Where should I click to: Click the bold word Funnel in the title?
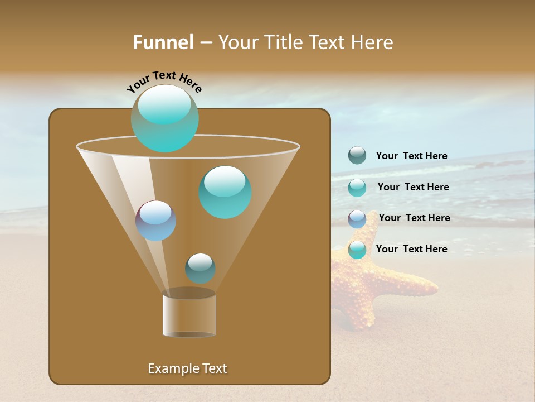tap(163, 42)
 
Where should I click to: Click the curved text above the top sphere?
tap(164, 80)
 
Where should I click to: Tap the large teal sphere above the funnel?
tap(165, 118)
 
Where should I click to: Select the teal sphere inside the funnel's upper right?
tap(225, 192)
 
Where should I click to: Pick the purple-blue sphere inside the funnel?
tap(156, 221)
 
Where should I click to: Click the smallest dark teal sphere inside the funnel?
tap(200, 269)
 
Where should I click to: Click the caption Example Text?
tap(187, 368)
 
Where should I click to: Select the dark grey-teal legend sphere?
tap(357, 155)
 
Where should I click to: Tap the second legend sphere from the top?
tap(357, 188)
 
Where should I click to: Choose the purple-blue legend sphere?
tap(357, 219)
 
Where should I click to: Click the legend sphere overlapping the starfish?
tap(357, 250)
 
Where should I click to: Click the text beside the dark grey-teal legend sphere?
tap(411, 156)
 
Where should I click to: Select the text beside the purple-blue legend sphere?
tap(414, 218)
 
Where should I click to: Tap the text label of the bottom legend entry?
tap(411, 249)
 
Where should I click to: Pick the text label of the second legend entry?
tap(413, 187)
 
